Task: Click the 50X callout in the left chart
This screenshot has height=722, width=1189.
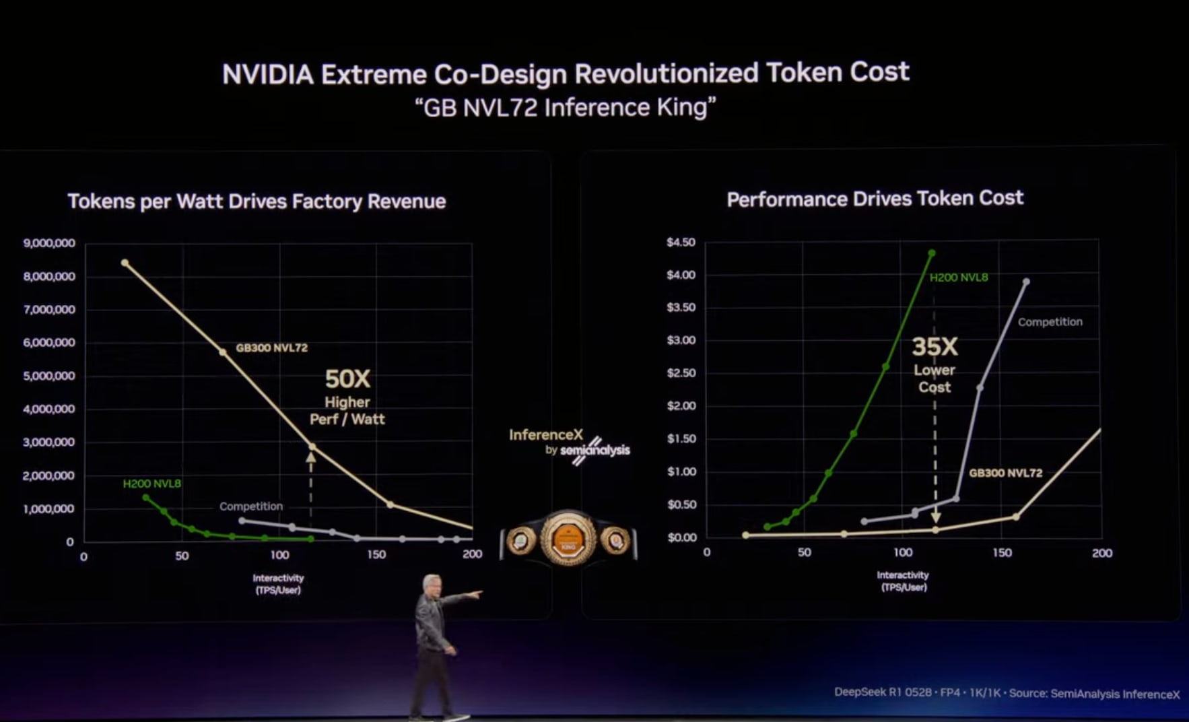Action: pyautogui.click(x=347, y=379)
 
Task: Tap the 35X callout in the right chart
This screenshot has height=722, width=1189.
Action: pyautogui.click(x=935, y=347)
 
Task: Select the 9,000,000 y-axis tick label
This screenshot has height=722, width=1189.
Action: pyautogui.click(x=49, y=243)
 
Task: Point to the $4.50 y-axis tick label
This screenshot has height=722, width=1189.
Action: pyautogui.click(x=681, y=242)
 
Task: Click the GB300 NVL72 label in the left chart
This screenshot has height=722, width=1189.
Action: pyautogui.click(x=271, y=348)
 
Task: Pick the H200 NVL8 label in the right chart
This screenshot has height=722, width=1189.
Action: pyautogui.click(x=959, y=277)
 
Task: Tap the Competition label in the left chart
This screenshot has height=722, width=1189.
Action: pyautogui.click(x=251, y=506)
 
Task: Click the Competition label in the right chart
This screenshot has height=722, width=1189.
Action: pyautogui.click(x=1050, y=322)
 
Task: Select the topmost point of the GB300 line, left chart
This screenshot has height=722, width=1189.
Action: pyautogui.click(x=125, y=263)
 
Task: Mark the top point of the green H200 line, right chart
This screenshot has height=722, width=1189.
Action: pyautogui.click(x=932, y=253)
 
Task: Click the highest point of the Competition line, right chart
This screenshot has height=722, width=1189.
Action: pyautogui.click(x=1026, y=282)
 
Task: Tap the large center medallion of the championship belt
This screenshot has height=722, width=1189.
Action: pyautogui.click(x=568, y=539)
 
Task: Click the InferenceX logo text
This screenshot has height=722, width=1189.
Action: pyautogui.click(x=546, y=435)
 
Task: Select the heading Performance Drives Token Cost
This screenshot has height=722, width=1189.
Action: pyautogui.click(x=875, y=199)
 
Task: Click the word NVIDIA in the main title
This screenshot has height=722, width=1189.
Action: pyautogui.click(x=268, y=75)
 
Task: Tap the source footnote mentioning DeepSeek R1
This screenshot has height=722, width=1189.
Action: pyautogui.click(x=1007, y=693)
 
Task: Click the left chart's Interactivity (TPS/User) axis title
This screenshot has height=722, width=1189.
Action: pyautogui.click(x=278, y=584)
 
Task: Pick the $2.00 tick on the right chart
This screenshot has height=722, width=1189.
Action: pyautogui.click(x=681, y=406)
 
